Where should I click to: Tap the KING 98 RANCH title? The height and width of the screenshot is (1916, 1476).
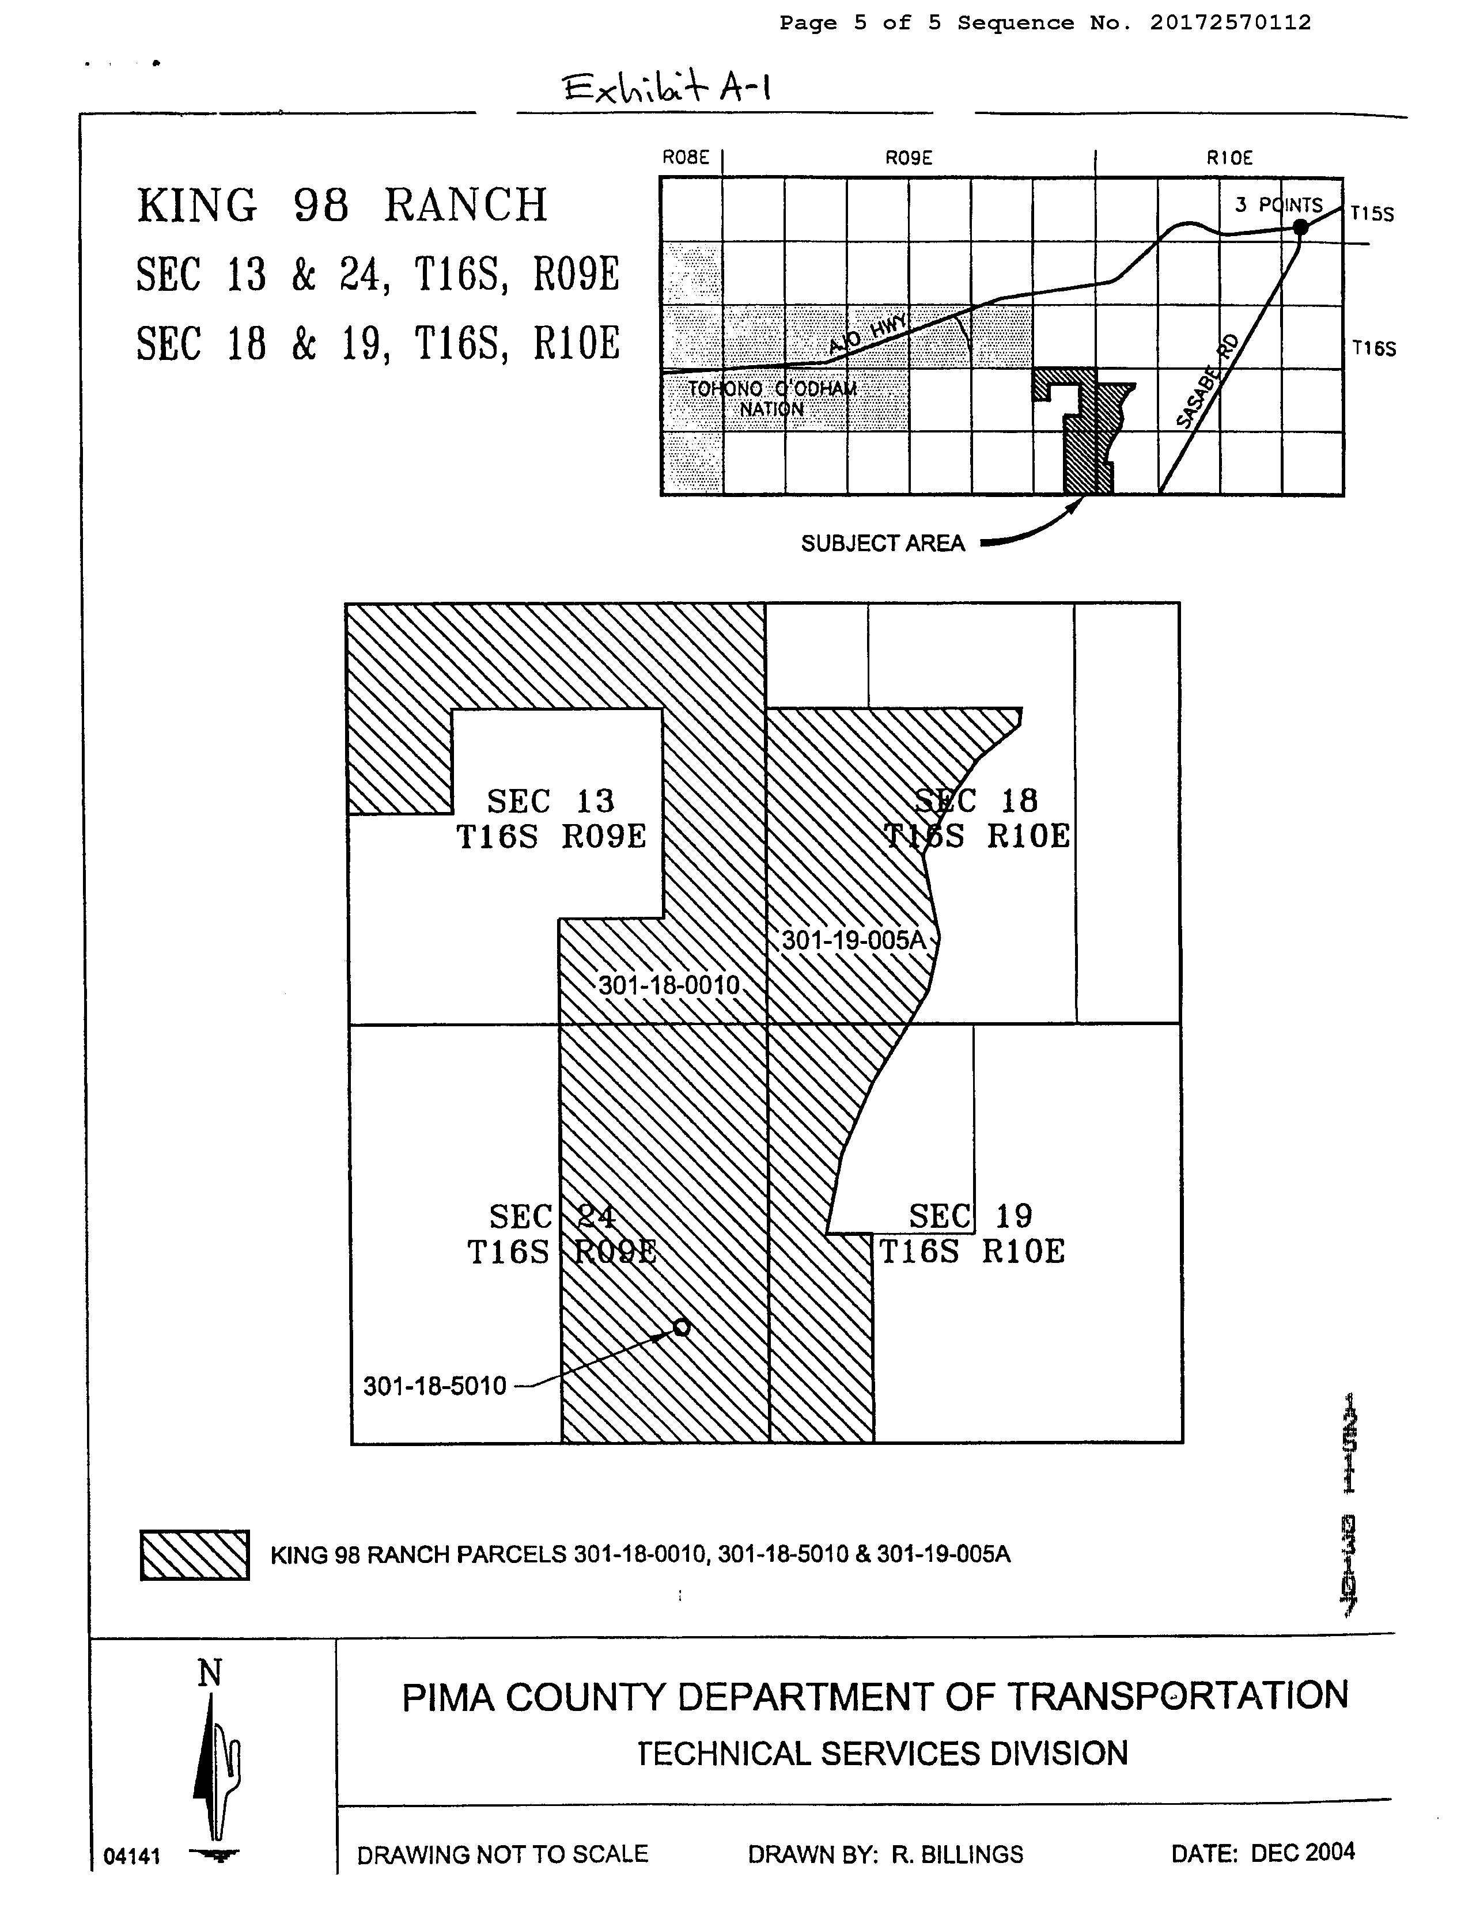click(x=342, y=206)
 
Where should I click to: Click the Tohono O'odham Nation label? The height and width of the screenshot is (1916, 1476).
click(x=771, y=399)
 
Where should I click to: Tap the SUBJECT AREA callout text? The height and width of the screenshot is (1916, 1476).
click(x=883, y=544)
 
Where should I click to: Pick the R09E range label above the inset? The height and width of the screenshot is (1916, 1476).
click(x=908, y=158)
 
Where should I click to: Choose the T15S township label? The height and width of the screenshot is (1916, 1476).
click(x=1372, y=214)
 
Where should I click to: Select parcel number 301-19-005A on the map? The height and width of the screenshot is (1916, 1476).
click(x=853, y=940)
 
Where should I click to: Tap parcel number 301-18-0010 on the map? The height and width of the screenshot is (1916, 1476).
click(x=669, y=985)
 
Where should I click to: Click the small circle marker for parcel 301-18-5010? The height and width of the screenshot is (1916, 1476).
click(x=681, y=1327)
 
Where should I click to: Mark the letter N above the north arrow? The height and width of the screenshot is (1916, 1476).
click(x=210, y=1674)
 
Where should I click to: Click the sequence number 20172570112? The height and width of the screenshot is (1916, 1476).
click(x=1231, y=23)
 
